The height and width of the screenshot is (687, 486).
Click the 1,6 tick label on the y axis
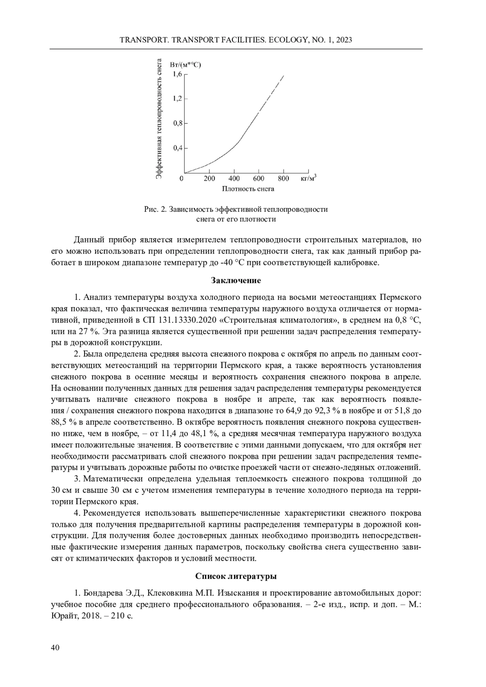pos(177,74)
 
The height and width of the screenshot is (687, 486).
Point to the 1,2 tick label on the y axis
pos(177,99)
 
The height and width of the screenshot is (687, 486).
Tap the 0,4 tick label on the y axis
pos(177,148)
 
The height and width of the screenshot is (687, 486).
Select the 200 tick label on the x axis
pos(209,178)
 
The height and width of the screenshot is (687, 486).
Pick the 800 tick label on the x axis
pos(283,178)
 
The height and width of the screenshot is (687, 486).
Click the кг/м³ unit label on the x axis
pos(309,178)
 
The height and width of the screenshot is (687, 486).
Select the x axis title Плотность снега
pos(248,189)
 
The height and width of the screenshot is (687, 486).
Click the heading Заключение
pos(236,280)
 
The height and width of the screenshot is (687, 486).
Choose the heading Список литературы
pos(236,576)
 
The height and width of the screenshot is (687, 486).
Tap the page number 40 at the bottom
pos(55,648)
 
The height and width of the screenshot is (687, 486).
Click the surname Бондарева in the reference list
pos(103,594)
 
